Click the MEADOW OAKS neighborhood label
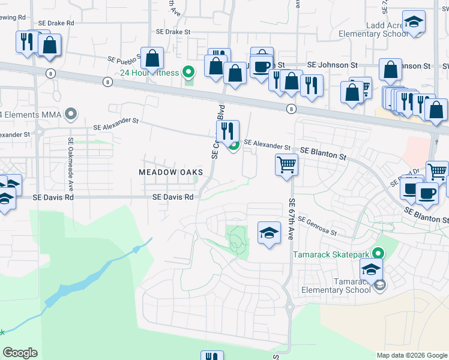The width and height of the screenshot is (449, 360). pos(170,172)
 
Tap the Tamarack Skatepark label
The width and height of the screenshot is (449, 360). pos(331,254)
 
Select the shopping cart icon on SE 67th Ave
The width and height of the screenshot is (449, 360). pos(287,164)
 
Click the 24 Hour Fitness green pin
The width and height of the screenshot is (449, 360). pos(188,73)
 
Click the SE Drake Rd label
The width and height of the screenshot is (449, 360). pos(56,23)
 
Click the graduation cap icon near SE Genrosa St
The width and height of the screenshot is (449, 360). pos(270,233)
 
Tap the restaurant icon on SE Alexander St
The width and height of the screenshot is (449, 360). pos(228,131)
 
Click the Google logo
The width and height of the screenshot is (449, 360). pos(20,353)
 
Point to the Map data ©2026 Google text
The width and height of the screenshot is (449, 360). pos(411,355)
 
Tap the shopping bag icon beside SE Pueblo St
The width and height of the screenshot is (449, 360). pos(153,58)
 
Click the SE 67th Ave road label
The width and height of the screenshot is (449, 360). pos(292,219)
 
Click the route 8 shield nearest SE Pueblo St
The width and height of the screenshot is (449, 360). pos(107,82)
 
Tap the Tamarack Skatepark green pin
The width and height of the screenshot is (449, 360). pos(378,254)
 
